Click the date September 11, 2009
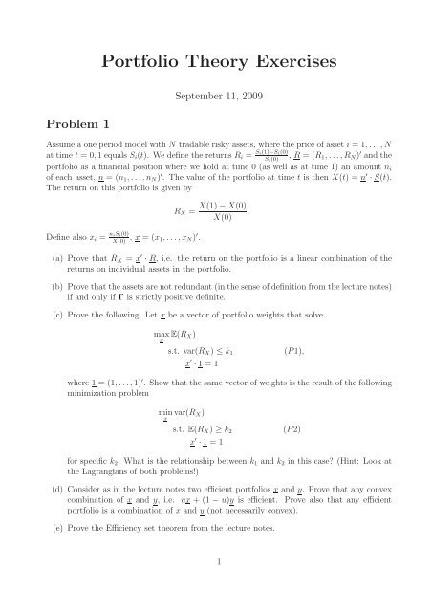point(215,97)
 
